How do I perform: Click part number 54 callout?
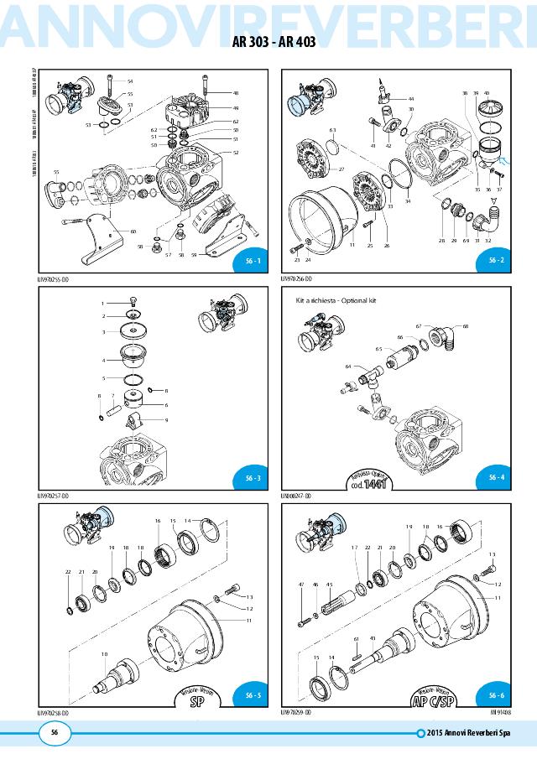(x=130, y=81)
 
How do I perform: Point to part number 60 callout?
(x=133, y=231)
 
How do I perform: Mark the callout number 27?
(x=342, y=169)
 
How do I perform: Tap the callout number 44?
(x=411, y=98)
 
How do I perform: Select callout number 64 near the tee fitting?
(x=347, y=366)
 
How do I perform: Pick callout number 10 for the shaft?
(x=104, y=653)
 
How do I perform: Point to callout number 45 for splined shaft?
(x=330, y=584)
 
